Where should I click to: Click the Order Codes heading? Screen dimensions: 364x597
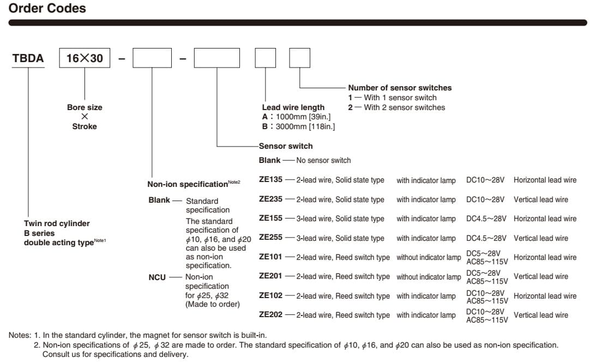(x=47, y=8)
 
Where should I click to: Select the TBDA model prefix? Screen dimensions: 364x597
(x=28, y=58)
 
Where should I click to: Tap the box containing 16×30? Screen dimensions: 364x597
(x=85, y=58)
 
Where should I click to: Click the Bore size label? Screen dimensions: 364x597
(x=85, y=107)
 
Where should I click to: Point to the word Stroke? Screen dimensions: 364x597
(x=85, y=126)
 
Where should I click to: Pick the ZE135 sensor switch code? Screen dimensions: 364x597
(x=270, y=180)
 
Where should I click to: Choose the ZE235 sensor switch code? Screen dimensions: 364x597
(x=270, y=199)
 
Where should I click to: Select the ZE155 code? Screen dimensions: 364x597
(x=270, y=219)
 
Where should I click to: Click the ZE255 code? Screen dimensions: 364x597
(x=270, y=238)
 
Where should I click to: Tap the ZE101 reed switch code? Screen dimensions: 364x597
(x=270, y=257)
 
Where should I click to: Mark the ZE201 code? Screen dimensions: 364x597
(x=270, y=276)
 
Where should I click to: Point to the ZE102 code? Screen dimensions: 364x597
(x=270, y=296)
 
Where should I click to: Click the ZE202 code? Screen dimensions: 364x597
(x=270, y=315)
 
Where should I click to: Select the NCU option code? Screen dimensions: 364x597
(x=157, y=277)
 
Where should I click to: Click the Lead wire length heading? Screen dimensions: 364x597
(x=293, y=107)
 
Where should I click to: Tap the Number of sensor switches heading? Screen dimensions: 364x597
(x=400, y=88)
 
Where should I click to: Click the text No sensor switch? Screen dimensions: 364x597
(x=323, y=160)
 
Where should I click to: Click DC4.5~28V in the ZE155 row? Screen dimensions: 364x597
(x=486, y=219)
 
